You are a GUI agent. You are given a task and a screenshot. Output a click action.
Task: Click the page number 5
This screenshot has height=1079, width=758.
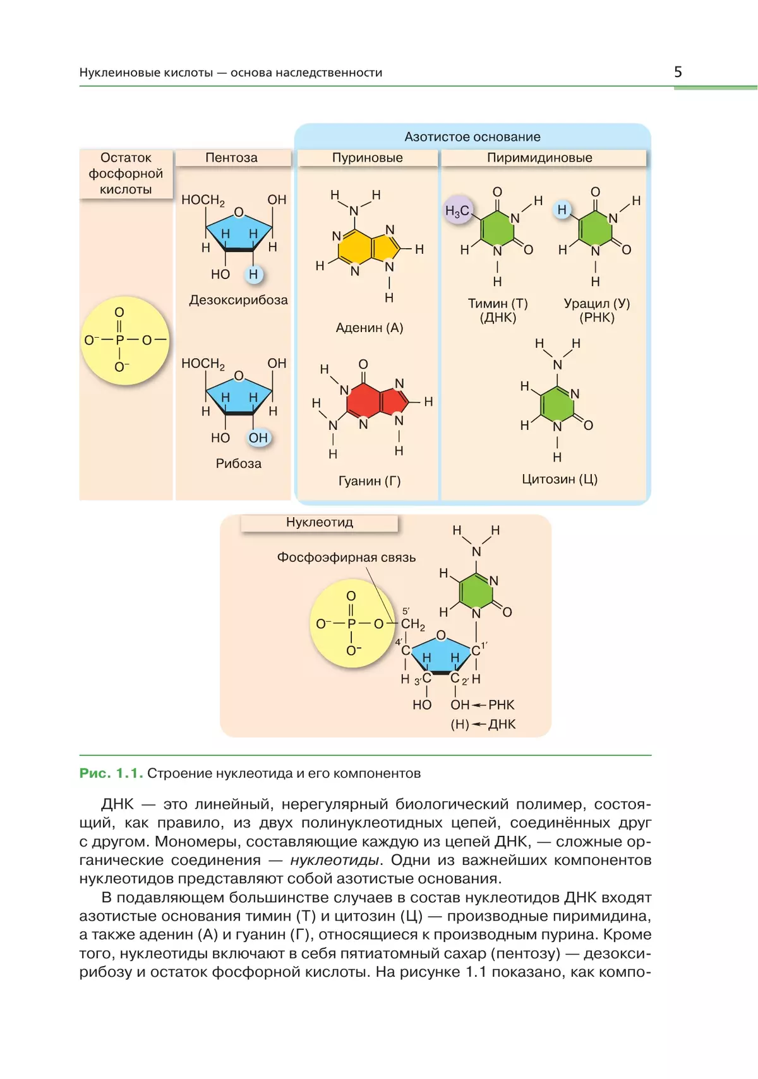(678, 72)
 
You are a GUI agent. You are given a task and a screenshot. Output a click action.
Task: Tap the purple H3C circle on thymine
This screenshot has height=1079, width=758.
(458, 210)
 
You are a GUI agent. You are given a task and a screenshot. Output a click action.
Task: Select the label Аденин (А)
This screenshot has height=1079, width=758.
(369, 328)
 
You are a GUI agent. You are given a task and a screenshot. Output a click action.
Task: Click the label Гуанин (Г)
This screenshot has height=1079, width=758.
(369, 480)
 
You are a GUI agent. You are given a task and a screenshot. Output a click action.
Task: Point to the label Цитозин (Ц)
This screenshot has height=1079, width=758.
(560, 479)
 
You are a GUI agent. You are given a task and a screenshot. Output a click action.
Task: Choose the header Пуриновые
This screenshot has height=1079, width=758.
(367, 157)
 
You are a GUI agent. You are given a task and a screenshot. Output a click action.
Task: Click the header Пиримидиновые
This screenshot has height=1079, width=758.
(539, 157)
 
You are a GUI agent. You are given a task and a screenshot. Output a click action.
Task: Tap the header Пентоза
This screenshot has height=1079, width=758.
(231, 157)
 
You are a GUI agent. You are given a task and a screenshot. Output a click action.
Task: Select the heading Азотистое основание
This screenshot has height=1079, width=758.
(472, 137)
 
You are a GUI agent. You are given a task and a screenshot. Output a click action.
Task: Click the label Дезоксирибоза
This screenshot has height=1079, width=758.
(238, 300)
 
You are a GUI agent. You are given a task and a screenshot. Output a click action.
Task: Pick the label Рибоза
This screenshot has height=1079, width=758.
(238, 463)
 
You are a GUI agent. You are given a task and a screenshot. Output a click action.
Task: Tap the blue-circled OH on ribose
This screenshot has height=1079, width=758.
(258, 438)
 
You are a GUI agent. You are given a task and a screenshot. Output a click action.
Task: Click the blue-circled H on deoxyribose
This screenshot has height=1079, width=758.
(253, 274)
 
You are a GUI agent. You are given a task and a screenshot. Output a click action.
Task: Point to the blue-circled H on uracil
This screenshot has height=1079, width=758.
(562, 210)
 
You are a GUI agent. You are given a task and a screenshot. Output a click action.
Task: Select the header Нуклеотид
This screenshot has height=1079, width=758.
(320, 522)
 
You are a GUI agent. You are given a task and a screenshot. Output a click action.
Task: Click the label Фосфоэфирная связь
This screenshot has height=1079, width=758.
(346, 557)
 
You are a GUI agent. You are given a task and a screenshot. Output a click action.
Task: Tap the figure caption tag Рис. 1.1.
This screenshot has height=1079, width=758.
(111, 773)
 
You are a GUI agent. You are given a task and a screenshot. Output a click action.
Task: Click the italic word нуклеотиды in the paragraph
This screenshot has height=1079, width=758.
(334, 860)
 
